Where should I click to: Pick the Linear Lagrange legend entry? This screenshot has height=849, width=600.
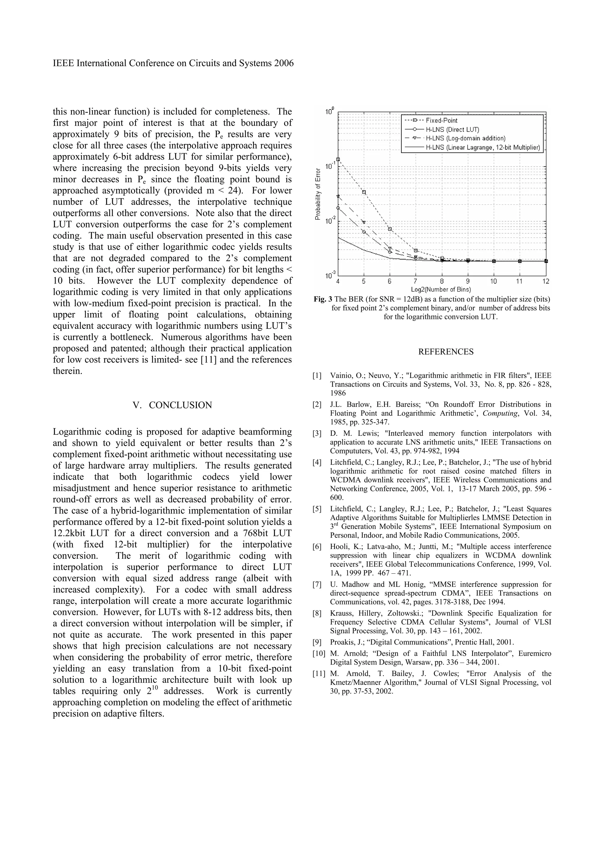click(483, 148)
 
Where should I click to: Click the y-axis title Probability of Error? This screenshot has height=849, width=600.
click(318, 194)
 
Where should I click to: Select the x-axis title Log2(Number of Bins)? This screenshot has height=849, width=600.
click(442, 289)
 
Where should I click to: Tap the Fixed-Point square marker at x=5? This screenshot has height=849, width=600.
click(364, 192)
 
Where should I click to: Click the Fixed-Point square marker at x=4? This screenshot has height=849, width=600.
click(338, 159)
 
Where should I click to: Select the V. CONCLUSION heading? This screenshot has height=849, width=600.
click(172, 405)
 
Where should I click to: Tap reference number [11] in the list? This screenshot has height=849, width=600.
click(318, 674)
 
